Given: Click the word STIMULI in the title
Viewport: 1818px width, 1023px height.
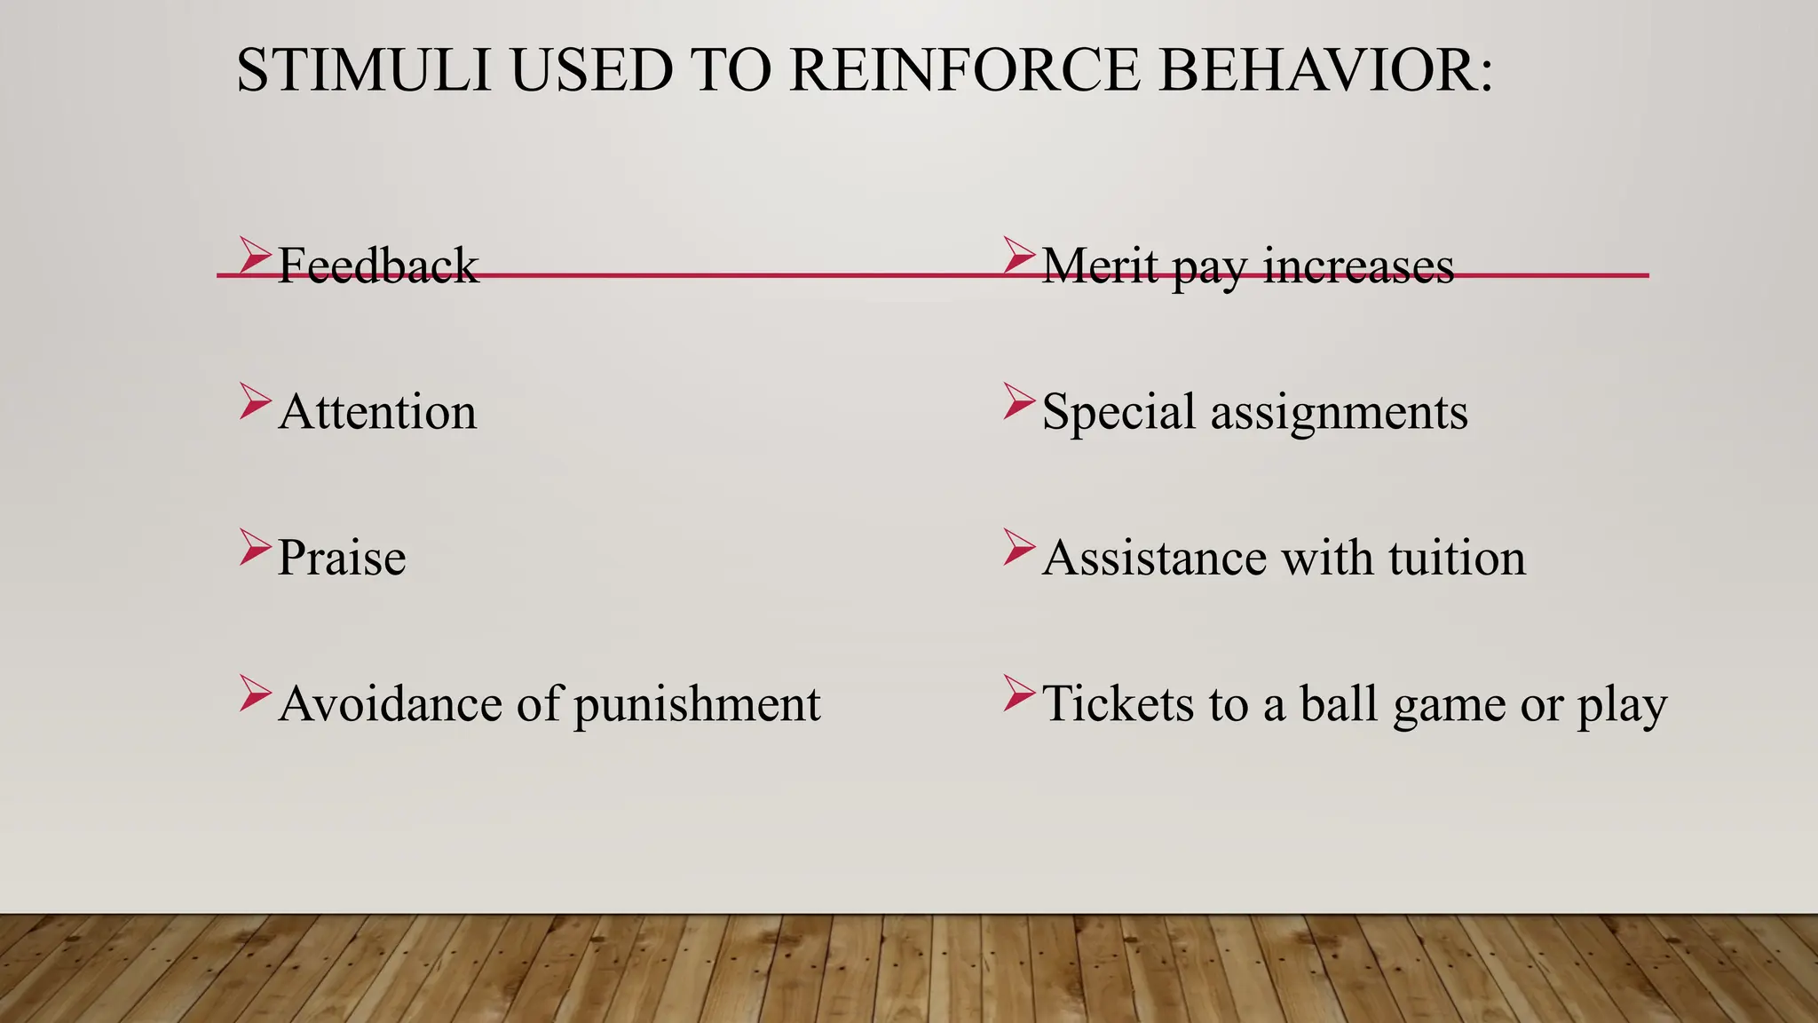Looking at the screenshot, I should pos(364,71).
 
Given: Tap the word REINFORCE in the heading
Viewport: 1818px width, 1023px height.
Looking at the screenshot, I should pos(964,71).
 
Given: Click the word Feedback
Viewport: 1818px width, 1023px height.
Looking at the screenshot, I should pos(378,266).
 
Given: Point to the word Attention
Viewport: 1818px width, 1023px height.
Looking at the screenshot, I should pos(378,412).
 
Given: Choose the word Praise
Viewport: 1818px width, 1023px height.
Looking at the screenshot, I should pos(342,558).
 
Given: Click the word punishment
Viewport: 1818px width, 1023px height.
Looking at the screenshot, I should pos(697,705).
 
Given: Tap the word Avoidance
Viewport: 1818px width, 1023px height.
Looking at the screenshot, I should pos(391,703).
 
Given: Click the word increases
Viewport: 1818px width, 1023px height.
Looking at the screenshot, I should pos(1358,266).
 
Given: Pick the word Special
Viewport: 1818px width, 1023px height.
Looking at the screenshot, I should pos(1118,412).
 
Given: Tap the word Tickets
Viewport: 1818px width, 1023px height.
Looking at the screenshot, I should pos(1118,703).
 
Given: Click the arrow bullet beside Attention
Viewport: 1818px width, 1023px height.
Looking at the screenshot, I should pos(254,401).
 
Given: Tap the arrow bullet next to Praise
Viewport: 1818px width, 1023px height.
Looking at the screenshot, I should pos(254,547).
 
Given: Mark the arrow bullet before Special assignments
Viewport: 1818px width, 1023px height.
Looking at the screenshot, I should pos(1018,401).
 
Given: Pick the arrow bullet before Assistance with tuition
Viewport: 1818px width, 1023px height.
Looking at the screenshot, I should pos(1018,547).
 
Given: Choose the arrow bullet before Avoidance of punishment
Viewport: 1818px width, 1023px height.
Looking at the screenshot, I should pos(254,694).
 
